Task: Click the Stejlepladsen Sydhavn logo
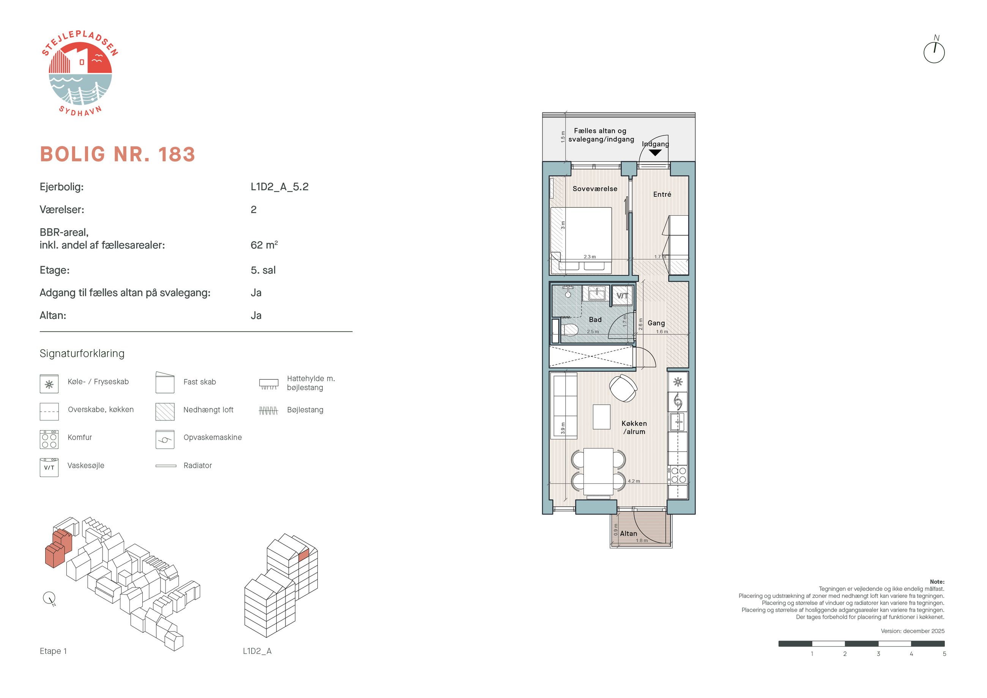click(x=80, y=74)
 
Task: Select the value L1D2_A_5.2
click(x=279, y=186)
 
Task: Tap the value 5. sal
click(x=263, y=270)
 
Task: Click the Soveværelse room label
click(x=594, y=189)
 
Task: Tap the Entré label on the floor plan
click(x=662, y=194)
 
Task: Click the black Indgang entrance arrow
click(x=655, y=152)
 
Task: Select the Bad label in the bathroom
click(x=595, y=319)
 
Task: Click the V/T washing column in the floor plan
click(x=622, y=295)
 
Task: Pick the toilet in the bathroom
click(x=569, y=331)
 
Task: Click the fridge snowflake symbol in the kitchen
click(x=678, y=382)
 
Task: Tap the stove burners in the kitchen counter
click(x=678, y=475)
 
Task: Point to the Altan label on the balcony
click(x=629, y=534)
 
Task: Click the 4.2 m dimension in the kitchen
click(x=634, y=481)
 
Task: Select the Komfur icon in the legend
click(x=49, y=439)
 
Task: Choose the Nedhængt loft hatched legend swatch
click(x=165, y=412)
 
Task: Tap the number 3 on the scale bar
click(x=878, y=654)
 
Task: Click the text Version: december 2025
click(x=913, y=631)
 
